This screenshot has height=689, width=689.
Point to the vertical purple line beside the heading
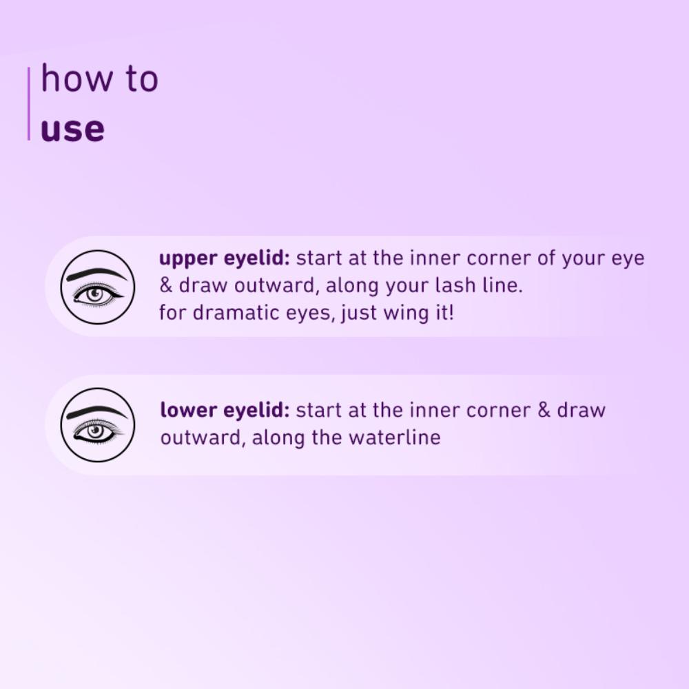pyautogui.click(x=29, y=103)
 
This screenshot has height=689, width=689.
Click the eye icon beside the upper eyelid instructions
pyautogui.click(x=96, y=287)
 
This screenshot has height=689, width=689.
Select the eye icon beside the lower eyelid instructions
pyautogui.click(x=96, y=424)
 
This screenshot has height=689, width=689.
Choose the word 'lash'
pyautogui.click(x=439, y=286)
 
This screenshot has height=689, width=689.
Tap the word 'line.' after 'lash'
pyautogui.click(x=497, y=286)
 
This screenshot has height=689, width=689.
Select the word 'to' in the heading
pyautogui.click(x=141, y=79)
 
